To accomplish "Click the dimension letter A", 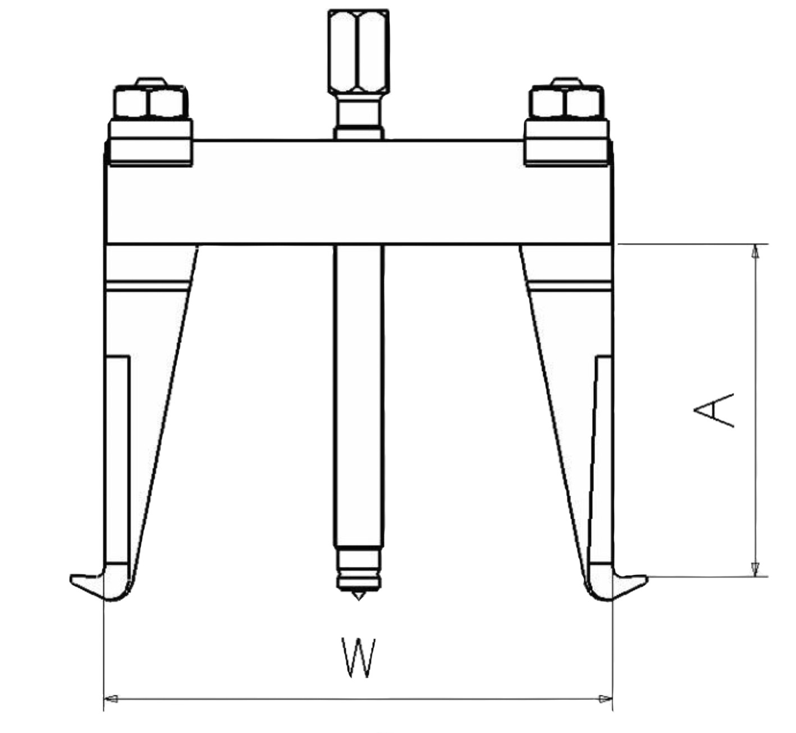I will click(x=713, y=410).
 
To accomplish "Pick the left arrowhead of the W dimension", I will click(x=111, y=699).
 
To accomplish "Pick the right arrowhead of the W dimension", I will click(x=606, y=699).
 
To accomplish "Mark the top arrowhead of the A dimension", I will click(x=756, y=251).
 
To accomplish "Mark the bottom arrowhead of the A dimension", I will click(x=756, y=569).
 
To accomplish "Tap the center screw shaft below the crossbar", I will click(x=358, y=393).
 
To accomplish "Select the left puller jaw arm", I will click(x=146, y=421).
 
